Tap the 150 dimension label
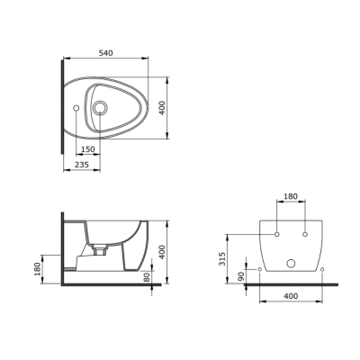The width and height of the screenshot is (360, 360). coord(88,149)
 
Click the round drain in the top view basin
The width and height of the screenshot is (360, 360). coord(100,109)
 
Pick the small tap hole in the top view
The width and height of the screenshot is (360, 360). coord(75,109)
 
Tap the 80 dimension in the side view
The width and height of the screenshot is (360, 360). coord(146,276)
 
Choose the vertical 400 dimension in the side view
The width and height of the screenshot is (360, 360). coord(161,251)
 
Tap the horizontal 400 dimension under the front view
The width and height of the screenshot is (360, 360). coord(289,295)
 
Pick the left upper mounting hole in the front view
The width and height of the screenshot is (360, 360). coord(277,234)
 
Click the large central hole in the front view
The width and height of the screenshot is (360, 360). coord(289,264)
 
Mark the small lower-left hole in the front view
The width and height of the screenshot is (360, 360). coord(260,269)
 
